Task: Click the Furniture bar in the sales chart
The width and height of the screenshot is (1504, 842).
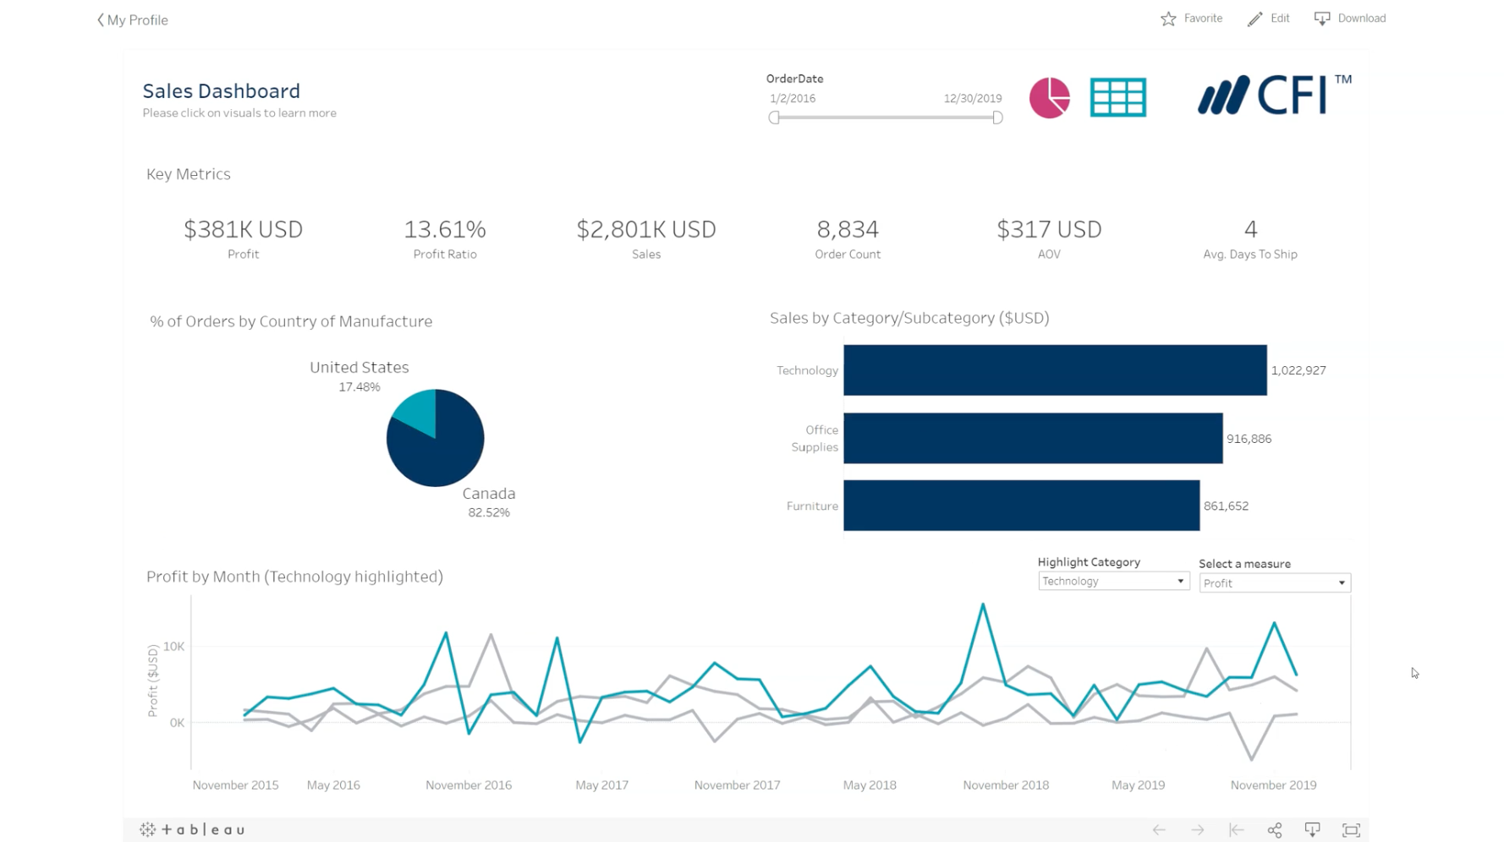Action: point(1021,506)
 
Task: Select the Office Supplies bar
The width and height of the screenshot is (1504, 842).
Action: point(1032,438)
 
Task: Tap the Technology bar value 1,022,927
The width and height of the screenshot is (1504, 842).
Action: point(1298,370)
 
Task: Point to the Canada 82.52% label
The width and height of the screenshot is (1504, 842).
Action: point(489,502)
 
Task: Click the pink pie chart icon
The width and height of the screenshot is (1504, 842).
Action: point(1049,97)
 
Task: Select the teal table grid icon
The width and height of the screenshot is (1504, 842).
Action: point(1117,97)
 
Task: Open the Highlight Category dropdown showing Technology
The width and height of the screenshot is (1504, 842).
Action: point(1113,582)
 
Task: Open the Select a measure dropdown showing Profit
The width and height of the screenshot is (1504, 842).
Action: point(1274,583)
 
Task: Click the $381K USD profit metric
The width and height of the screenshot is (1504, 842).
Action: point(243,229)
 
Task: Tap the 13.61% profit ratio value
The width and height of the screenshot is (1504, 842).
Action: point(445,229)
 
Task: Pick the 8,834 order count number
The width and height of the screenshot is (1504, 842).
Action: point(848,229)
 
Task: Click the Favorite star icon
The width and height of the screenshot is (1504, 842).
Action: point(1168,19)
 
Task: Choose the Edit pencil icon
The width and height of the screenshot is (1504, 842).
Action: point(1255,19)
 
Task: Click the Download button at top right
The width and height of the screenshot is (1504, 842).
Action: point(1350,19)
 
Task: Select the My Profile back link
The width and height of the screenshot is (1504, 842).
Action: point(133,20)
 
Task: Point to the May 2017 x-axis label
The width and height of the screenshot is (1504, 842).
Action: point(601,785)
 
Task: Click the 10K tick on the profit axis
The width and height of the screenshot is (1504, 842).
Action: point(174,647)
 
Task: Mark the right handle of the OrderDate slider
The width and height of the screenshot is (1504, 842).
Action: point(997,118)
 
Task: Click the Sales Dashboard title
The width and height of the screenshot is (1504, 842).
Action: point(221,91)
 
